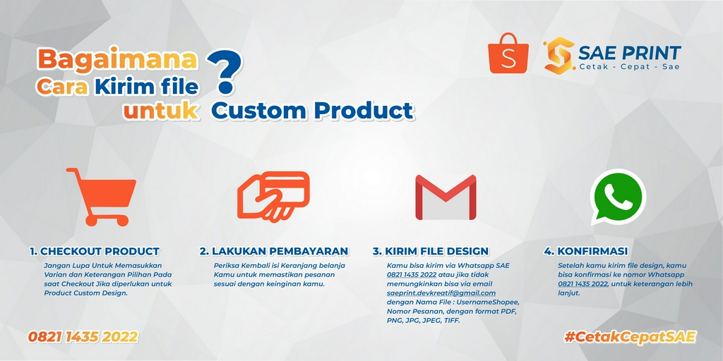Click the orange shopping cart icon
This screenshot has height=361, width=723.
(x=101, y=197)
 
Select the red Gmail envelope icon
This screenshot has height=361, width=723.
(x=445, y=197)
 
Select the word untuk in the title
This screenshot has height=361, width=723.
(x=160, y=111)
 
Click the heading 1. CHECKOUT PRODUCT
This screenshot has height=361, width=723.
(x=95, y=251)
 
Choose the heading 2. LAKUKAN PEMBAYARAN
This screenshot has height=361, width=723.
(x=273, y=251)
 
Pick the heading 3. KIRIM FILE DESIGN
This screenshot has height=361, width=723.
(x=430, y=251)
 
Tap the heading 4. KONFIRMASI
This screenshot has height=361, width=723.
(x=585, y=251)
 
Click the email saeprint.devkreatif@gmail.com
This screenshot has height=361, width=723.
(x=441, y=293)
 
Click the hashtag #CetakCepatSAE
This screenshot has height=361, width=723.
(x=630, y=337)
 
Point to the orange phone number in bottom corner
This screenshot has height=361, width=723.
(x=83, y=337)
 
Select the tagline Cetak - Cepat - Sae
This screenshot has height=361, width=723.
(x=630, y=66)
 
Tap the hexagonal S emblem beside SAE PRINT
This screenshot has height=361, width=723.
(x=558, y=56)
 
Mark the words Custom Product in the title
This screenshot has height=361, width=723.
(x=312, y=111)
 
